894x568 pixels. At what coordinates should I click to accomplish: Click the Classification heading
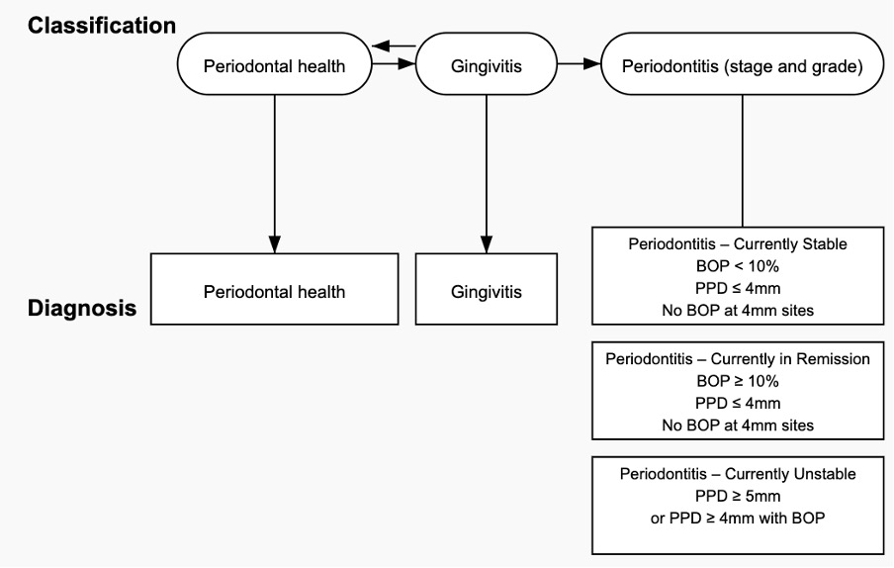click(x=102, y=26)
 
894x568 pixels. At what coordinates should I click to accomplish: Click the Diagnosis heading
click(x=82, y=308)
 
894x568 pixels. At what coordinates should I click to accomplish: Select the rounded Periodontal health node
click(x=274, y=64)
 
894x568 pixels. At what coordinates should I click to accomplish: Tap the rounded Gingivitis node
click(x=487, y=64)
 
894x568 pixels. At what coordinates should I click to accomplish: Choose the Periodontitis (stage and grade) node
click(x=743, y=64)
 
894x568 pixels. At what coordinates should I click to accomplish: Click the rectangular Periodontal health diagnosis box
click(x=274, y=289)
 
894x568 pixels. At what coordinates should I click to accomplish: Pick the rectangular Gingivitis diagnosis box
click(x=487, y=289)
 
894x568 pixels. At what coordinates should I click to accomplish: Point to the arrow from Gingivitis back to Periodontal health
click(x=394, y=46)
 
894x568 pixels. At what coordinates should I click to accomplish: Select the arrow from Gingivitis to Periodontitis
click(x=579, y=63)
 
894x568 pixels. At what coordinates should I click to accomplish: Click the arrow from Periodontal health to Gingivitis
click(x=394, y=63)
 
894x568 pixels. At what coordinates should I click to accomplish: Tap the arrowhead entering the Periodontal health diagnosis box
click(x=274, y=244)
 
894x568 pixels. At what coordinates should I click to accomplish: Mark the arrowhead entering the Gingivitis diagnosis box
click(x=487, y=244)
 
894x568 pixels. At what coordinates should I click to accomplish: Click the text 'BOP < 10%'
click(x=737, y=266)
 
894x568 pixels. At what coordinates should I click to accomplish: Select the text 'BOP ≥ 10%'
click(x=737, y=381)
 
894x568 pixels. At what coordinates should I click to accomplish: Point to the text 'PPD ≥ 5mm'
click(x=738, y=496)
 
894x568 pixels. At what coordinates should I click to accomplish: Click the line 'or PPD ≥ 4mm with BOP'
click(x=738, y=518)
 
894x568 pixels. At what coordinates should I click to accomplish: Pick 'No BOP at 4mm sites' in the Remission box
click(x=738, y=426)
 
